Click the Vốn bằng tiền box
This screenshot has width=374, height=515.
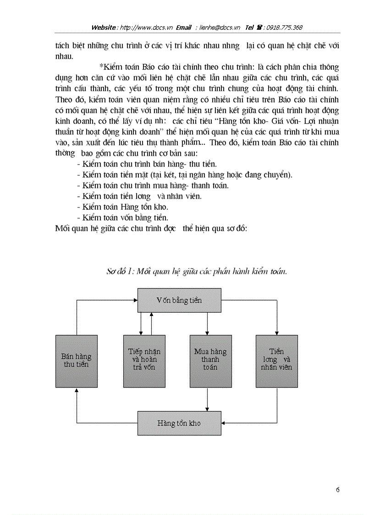pos(179,300)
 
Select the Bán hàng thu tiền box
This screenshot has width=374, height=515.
pos(76,360)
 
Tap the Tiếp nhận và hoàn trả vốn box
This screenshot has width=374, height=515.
pos(144,360)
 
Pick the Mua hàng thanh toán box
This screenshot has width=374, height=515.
pos(210,360)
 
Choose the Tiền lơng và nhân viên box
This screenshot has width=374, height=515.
pos(276,360)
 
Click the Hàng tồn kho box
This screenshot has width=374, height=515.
pos(179,423)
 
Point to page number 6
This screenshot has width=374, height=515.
pos(337,489)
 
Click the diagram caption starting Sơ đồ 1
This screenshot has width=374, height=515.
pos(197,271)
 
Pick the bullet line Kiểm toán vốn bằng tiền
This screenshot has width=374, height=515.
pos(122,217)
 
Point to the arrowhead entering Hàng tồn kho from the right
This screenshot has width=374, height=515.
pos(224,423)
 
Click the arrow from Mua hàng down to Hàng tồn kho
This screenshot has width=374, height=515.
pos(208,399)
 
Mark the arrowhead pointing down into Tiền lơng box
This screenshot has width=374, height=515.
pos(277,332)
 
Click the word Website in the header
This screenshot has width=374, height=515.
pos(104,28)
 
